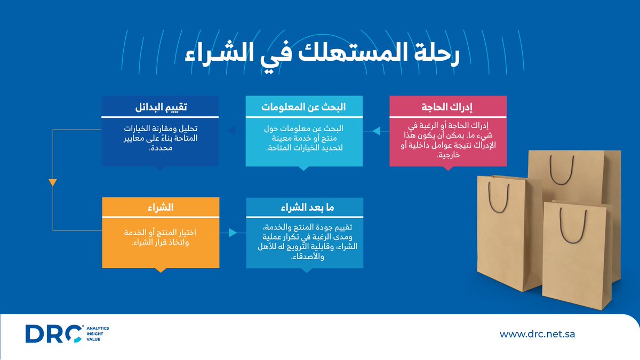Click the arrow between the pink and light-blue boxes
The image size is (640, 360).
(377, 131)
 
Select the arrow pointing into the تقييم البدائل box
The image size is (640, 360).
(233, 131)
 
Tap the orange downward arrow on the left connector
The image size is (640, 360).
(52, 182)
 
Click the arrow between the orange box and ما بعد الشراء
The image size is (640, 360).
(233, 233)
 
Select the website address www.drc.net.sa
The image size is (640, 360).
(537, 334)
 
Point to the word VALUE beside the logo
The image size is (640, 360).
(93, 339)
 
